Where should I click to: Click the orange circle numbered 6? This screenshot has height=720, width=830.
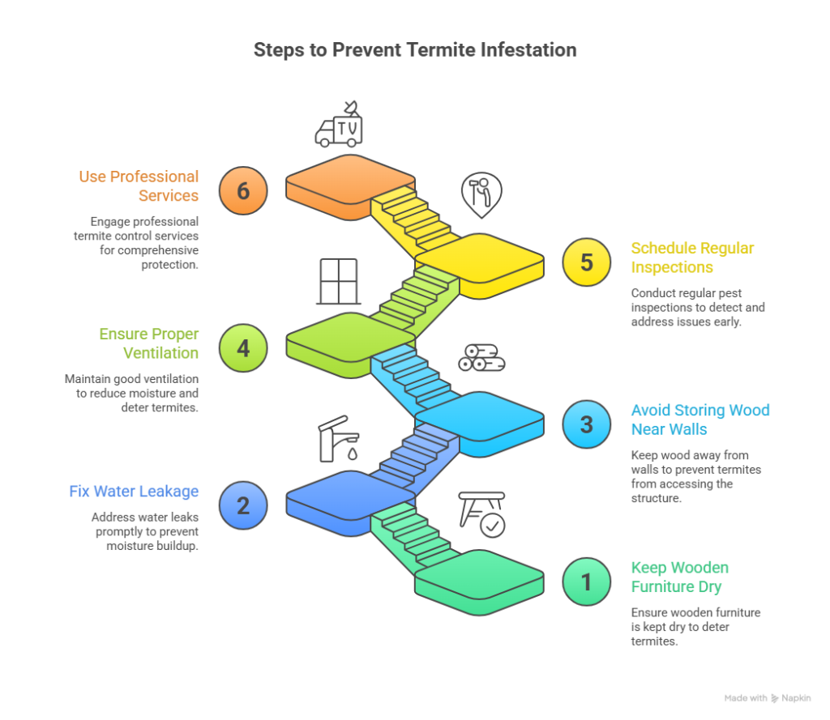tap(242, 190)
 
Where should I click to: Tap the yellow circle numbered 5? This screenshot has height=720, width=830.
tap(587, 262)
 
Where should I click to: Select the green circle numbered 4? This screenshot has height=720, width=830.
tap(242, 348)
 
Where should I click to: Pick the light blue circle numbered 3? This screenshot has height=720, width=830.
tap(587, 424)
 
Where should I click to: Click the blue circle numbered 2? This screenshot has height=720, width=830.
tap(242, 506)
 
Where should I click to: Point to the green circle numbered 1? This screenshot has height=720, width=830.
tap(587, 581)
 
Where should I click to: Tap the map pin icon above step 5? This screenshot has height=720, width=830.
tap(481, 194)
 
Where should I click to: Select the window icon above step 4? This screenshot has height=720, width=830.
tap(338, 280)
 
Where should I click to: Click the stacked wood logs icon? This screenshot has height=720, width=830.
tap(481, 357)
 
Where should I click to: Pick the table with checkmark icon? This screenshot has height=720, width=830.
tap(481, 514)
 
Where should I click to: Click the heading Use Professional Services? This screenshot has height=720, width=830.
tap(139, 185)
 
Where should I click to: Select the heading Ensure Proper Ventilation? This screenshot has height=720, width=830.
tap(149, 343)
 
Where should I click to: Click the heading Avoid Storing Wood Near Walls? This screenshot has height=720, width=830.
tap(700, 420)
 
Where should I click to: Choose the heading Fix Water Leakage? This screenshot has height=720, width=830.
tap(135, 492)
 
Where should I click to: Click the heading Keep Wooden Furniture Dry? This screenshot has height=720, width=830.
tap(679, 577)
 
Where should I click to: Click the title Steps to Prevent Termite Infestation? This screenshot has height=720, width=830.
tap(414, 50)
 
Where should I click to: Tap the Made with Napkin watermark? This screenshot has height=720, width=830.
tap(767, 697)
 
